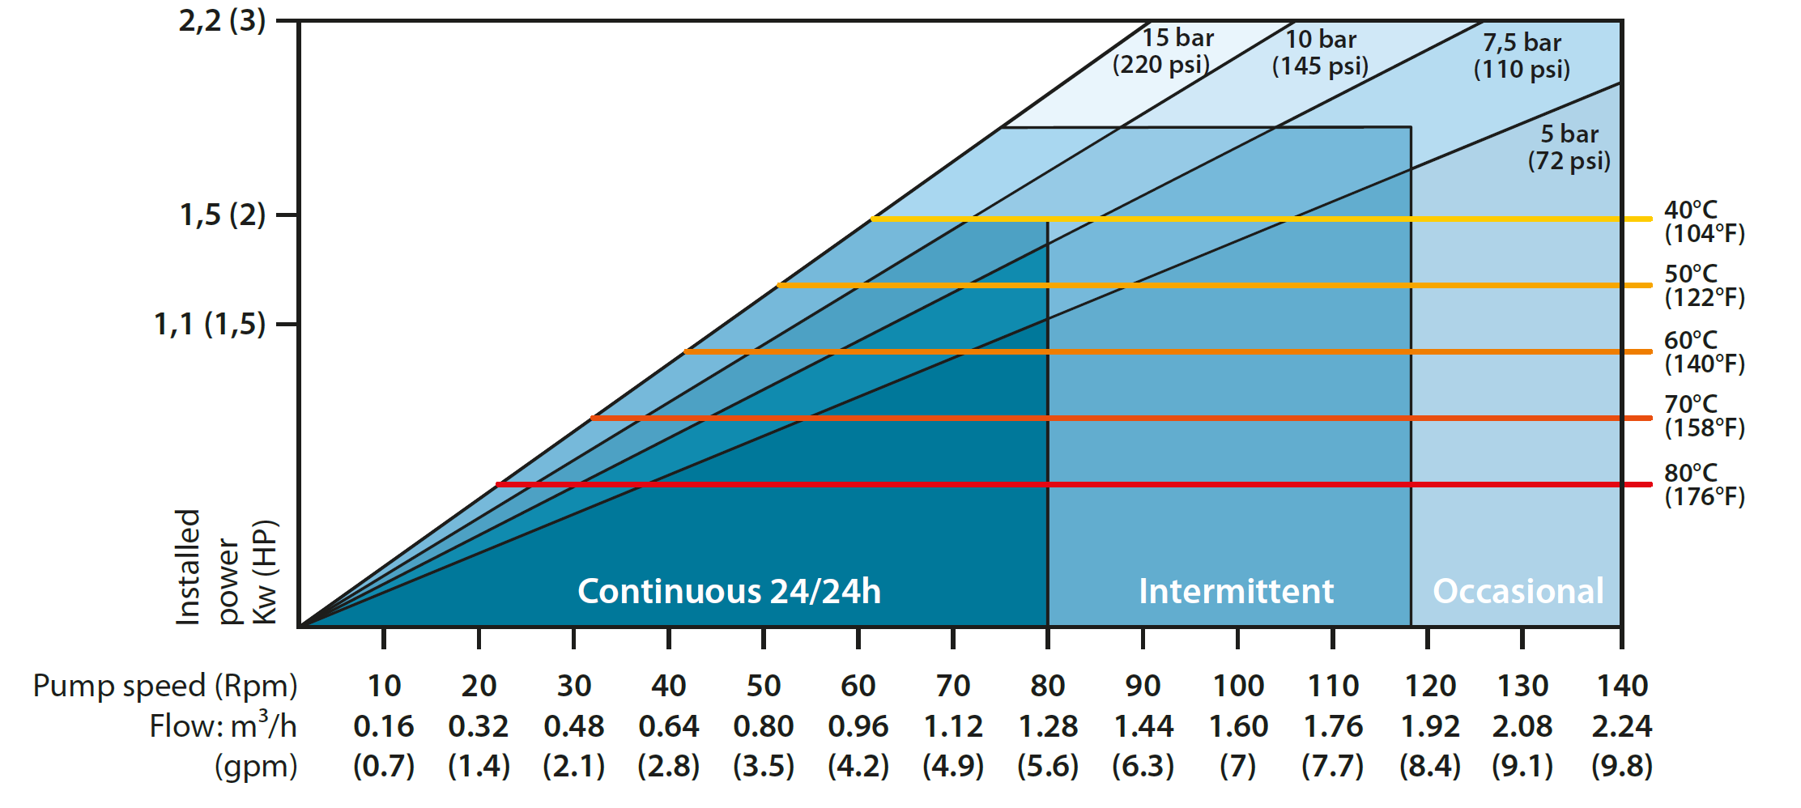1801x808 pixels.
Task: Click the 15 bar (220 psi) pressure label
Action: pyautogui.click(x=1163, y=51)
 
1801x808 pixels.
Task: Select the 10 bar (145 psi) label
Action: pyautogui.click(x=1320, y=53)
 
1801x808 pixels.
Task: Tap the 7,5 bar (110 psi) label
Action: pyautogui.click(x=1522, y=56)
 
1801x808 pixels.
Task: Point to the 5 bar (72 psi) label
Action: pyautogui.click(x=1569, y=147)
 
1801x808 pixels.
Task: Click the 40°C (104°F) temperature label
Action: pyautogui.click(x=1704, y=222)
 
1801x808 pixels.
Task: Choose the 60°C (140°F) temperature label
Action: pyautogui.click(x=1704, y=352)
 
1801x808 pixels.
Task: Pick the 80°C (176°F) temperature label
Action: pyautogui.click(x=1704, y=485)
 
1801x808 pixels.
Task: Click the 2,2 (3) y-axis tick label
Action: pyautogui.click(x=222, y=21)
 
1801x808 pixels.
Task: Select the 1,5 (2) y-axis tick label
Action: pyautogui.click(x=222, y=215)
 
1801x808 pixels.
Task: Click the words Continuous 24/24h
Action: pyautogui.click(x=729, y=591)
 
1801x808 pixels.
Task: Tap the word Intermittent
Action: pyautogui.click(x=1236, y=591)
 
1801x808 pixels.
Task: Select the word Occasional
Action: pyautogui.click(x=1518, y=591)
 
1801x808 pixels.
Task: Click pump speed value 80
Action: pyautogui.click(x=1047, y=687)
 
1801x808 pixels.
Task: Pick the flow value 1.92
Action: pyautogui.click(x=1429, y=726)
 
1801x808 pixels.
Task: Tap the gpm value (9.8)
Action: pyautogui.click(x=1621, y=766)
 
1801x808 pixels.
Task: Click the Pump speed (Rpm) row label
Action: pyautogui.click(x=165, y=687)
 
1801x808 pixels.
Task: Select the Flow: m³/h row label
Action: pyautogui.click(x=223, y=725)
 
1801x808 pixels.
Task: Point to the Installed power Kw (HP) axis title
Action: pyautogui.click(x=227, y=567)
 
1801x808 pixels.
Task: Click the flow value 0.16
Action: pyautogui.click(x=384, y=726)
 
